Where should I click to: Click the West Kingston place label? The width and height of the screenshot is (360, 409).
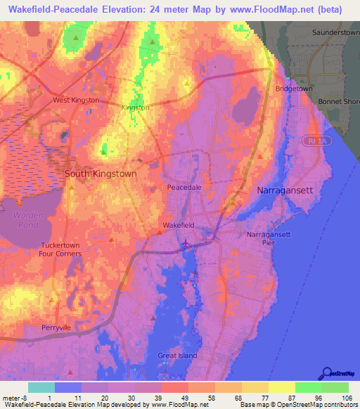click(x=77, y=100)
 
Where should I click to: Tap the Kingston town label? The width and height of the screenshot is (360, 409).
click(x=136, y=108)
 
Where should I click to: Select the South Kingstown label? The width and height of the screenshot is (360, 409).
click(x=101, y=172)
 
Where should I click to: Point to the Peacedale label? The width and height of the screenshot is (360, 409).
click(x=184, y=188)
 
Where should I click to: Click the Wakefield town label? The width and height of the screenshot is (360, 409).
click(x=177, y=225)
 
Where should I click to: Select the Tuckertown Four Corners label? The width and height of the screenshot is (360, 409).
click(x=60, y=249)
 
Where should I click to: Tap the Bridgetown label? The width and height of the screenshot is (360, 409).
click(x=294, y=89)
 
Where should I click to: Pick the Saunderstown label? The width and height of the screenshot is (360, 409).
click(x=335, y=33)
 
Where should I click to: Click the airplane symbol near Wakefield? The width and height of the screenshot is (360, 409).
click(x=185, y=244)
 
